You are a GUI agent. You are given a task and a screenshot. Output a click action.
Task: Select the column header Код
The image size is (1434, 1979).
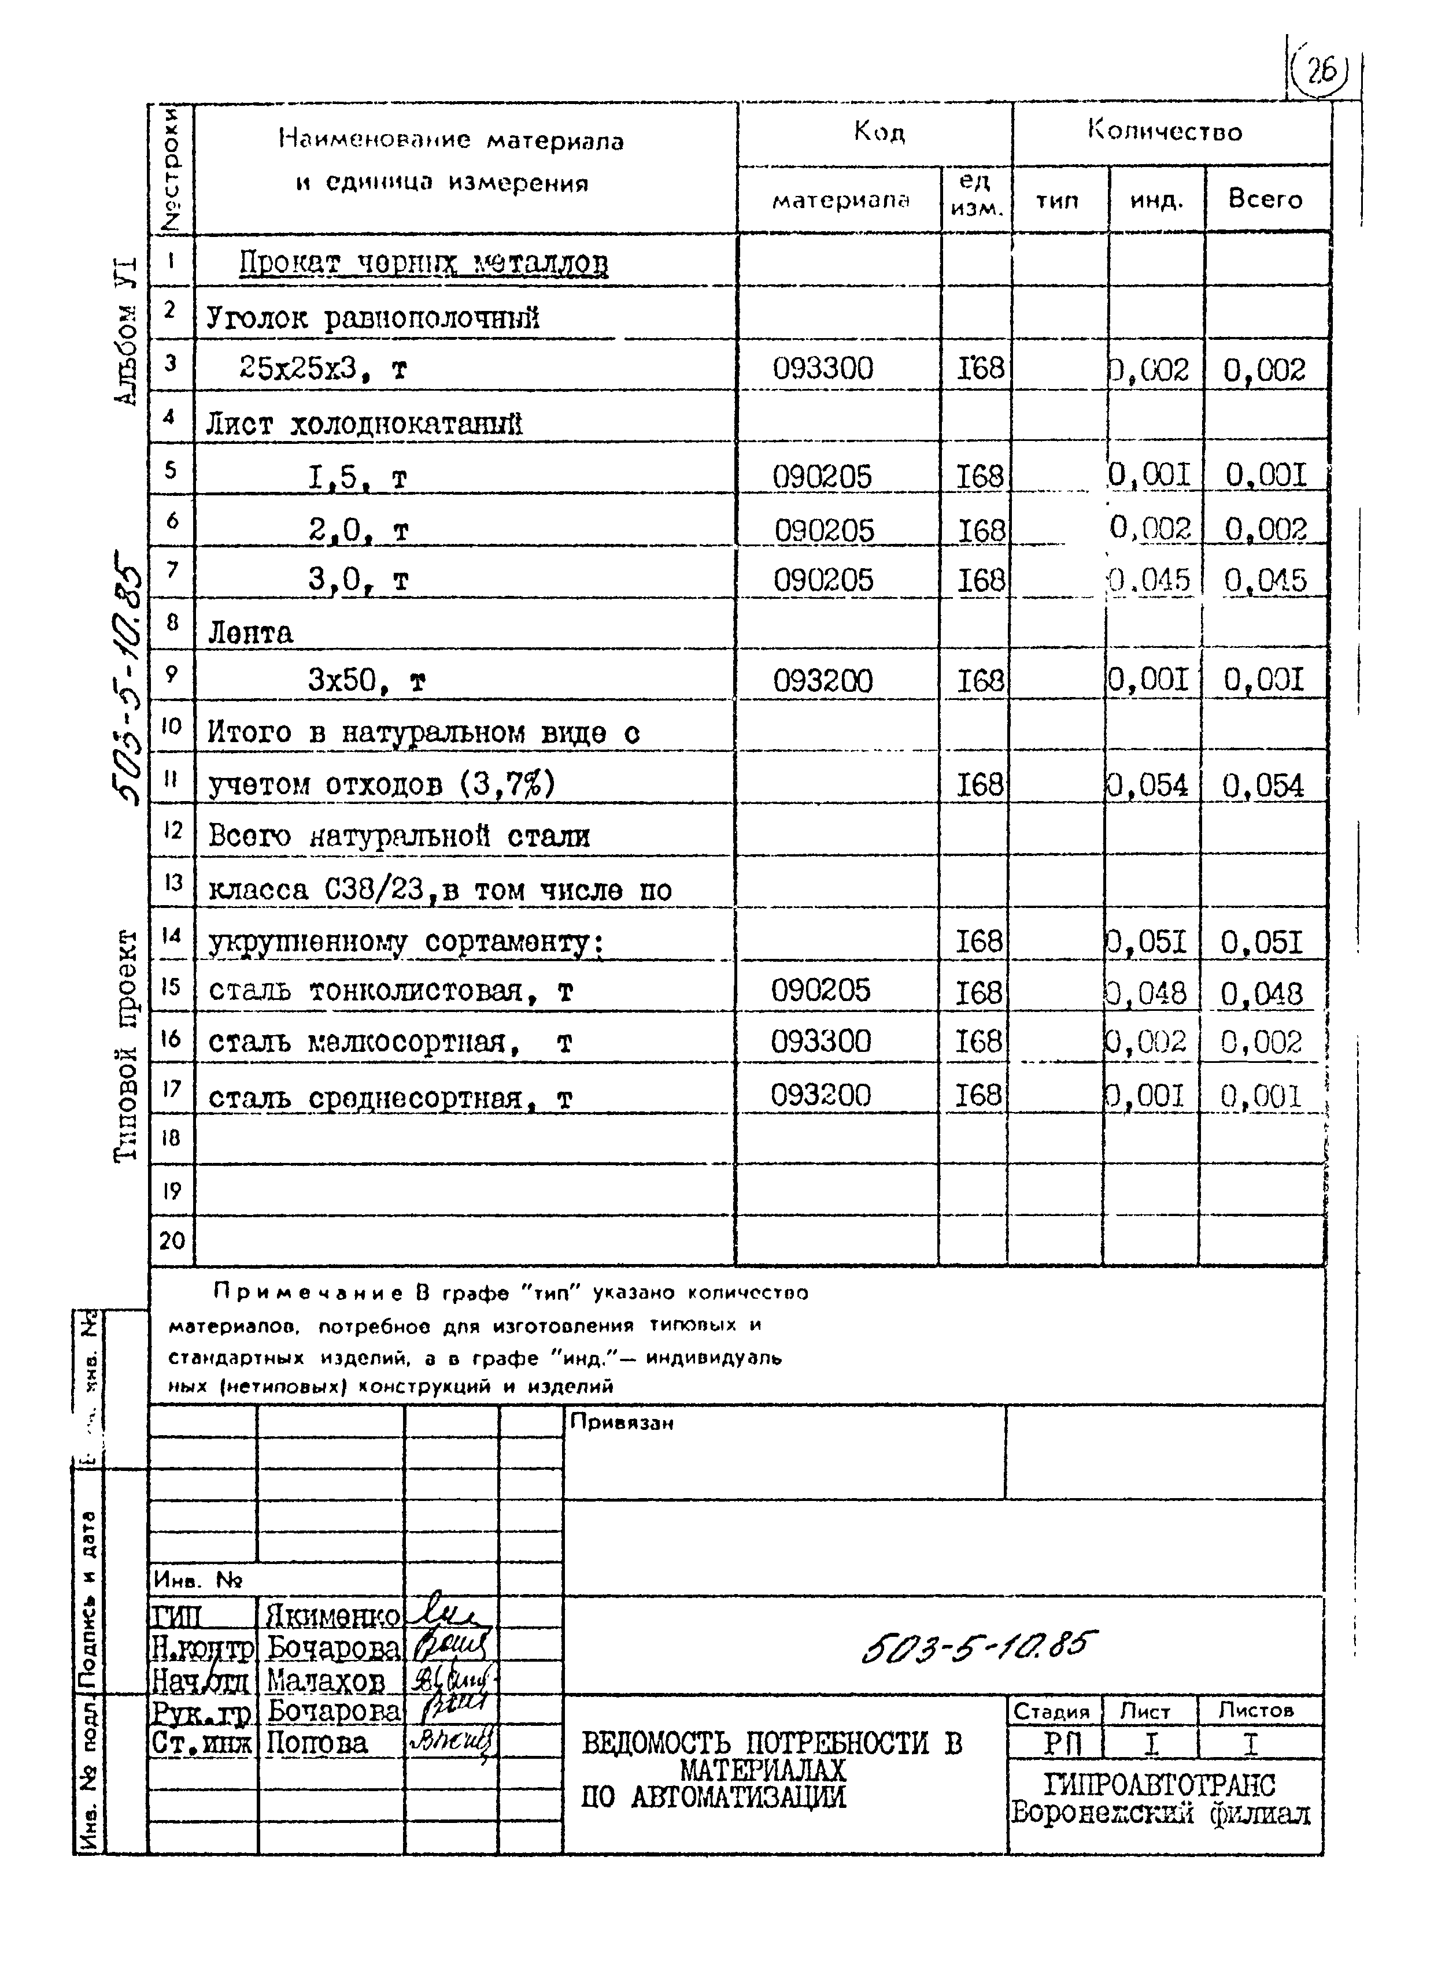coord(879,132)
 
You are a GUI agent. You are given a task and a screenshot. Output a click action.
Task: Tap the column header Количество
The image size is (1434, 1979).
coord(1165,132)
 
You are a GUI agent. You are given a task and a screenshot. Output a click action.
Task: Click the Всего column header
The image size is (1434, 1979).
coord(1264,200)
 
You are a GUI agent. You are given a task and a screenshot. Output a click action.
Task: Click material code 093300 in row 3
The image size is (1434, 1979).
coord(822,369)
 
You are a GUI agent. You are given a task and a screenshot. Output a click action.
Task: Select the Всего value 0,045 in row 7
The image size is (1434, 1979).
coord(1265,581)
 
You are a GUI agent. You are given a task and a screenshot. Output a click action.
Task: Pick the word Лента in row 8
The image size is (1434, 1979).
coord(250,633)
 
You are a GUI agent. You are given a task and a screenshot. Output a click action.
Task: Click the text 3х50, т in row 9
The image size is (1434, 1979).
coord(367,681)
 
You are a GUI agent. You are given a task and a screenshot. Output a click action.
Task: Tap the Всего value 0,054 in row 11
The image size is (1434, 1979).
coord(1263,786)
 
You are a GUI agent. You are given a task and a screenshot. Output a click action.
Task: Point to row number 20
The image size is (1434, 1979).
coord(172,1240)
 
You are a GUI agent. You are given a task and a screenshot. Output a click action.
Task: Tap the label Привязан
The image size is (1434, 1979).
coord(622,1423)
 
